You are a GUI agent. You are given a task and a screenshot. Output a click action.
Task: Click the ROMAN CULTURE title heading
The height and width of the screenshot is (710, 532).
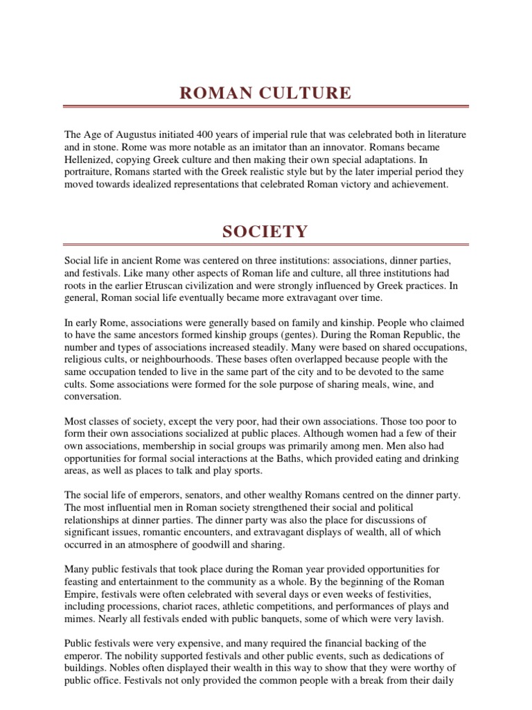click(266, 94)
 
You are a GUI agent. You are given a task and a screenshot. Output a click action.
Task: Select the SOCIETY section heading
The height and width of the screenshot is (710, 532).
click(266, 232)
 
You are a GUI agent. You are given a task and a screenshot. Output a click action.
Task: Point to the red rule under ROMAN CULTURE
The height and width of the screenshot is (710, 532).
click(266, 107)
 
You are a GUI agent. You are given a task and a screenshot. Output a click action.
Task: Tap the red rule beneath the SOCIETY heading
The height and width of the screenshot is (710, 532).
click(266, 244)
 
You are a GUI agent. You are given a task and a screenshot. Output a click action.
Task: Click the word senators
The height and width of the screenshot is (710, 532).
click(196, 496)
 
